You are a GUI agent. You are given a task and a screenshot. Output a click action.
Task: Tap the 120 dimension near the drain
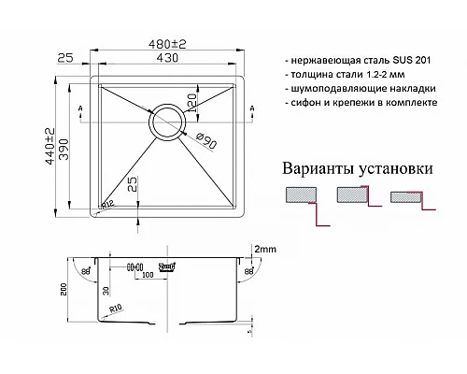point(191,100)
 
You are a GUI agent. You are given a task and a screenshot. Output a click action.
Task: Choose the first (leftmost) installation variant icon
point(301,201)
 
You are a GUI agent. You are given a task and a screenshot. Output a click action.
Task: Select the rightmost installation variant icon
point(408,200)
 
